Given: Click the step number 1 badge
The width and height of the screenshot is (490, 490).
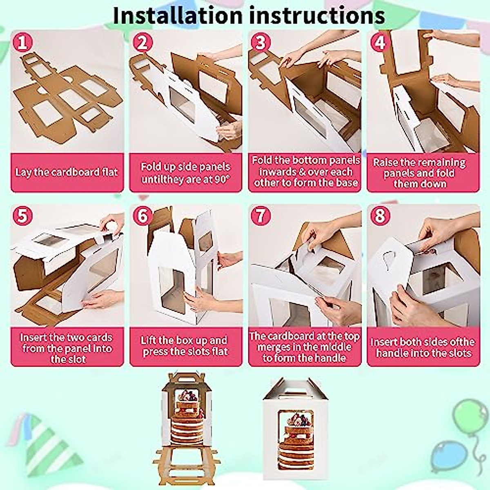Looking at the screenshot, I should pyautogui.click(x=23, y=42).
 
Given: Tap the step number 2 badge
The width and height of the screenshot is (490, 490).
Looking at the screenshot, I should pyautogui.click(x=142, y=42).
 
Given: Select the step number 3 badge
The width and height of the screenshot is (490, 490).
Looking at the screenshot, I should pyautogui.click(x=261, y=42).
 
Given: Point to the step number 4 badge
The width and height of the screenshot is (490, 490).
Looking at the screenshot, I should pyautogui.click(x=379, y=42).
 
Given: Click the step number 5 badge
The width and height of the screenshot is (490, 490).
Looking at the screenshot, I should pyautogui.click(x=23, y=216).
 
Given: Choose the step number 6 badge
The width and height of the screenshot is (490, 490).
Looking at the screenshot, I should pyautogui.click(x=142, y=216).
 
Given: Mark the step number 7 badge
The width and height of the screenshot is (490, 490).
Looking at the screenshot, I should pyautogui.click(x=261, y=216).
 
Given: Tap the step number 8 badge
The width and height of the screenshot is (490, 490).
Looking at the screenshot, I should pyautogui.click(x=379, y=216).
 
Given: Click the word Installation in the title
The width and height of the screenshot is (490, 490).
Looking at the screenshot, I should pyautogui.click(x=177, y=16).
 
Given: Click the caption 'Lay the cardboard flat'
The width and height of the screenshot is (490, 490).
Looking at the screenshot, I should pyautogui.click(x=67, y=172).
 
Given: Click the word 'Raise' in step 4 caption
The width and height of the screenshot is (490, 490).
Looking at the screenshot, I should pyautogui.click(x=385, y=163).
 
